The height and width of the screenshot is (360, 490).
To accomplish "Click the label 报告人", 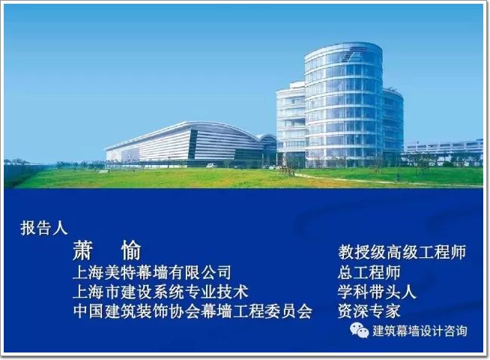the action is (43, 228).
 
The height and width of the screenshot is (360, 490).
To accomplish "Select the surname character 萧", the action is (82, 250).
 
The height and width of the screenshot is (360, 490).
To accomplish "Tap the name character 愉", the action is (131, 250).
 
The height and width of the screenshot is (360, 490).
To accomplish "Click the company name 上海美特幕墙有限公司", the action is (152, 272).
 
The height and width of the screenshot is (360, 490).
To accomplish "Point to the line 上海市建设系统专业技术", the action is (160, 292).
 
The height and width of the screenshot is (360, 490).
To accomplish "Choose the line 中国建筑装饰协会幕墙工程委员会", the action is (193, 311).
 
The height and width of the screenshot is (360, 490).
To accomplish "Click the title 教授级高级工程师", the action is (402, 252).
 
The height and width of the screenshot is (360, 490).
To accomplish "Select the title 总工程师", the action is (369, 272).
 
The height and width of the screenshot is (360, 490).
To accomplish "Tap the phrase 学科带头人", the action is (377, 292).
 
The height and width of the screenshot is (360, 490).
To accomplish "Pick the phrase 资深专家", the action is (369, 311).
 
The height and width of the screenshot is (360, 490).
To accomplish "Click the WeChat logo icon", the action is (360, 331).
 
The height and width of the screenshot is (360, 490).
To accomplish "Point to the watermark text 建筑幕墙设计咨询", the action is (420, 331).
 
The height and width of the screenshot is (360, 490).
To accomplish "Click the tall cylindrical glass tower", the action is (343, 105).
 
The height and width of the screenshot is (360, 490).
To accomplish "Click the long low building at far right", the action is (444, 148).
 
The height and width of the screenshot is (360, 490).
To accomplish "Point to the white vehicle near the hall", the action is (211, 165).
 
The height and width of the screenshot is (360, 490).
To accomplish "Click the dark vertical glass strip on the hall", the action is (193, 144).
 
